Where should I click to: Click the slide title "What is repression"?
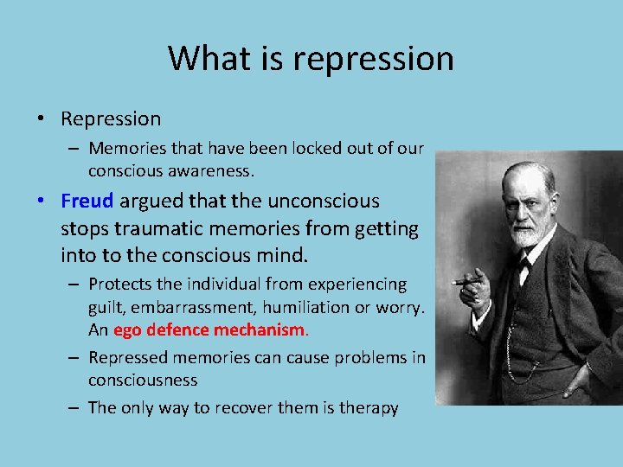pos(311,59)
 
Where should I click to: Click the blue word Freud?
pos(87,202)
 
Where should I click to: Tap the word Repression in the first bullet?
pos(111,118)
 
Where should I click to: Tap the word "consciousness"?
pos(143,381)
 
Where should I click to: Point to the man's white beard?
pos(524,234)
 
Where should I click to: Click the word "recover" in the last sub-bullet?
pos(260,408)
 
